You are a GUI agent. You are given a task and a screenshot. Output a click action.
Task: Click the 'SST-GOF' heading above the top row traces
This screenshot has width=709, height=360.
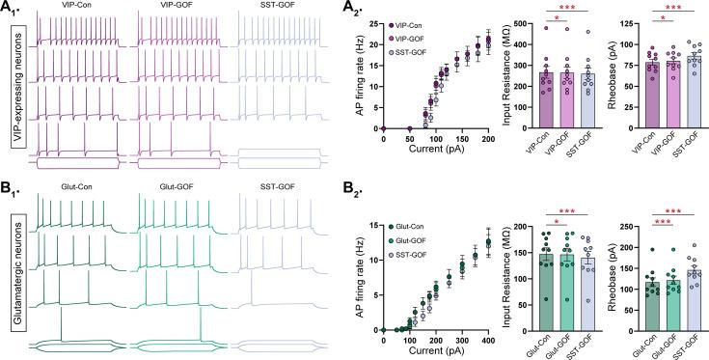pos(270,9)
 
